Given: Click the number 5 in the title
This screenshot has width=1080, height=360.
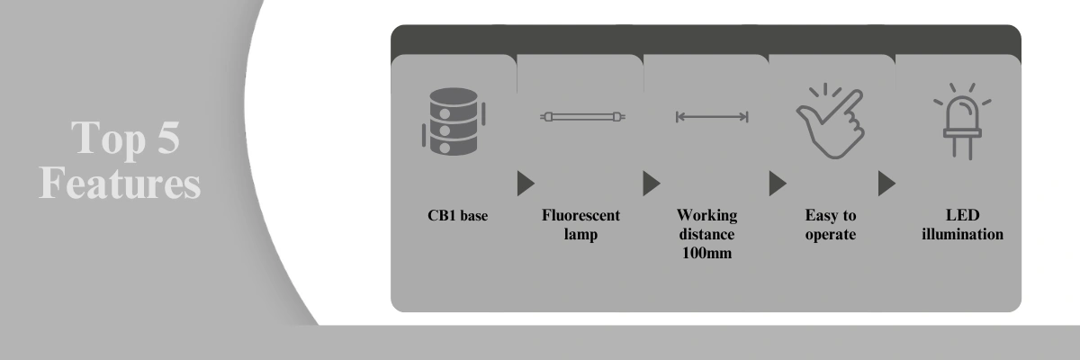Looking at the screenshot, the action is click(168, 138).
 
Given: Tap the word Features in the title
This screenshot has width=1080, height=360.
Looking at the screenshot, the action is click(120, 183).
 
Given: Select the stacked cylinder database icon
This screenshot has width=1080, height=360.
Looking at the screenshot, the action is click(454, 121).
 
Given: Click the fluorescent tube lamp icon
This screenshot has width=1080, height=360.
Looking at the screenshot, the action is click(583, 117).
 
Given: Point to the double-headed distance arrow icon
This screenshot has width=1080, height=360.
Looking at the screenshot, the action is click(712, 117).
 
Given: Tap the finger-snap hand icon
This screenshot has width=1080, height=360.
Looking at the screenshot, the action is click(830, 121).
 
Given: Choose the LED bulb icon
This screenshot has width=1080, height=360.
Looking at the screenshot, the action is click(962, 121).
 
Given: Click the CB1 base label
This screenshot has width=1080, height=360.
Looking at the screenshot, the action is click(457, 215).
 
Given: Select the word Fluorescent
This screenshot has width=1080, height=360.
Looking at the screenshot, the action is click(580, 215).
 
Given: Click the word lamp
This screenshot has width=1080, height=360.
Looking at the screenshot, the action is click(580, 235).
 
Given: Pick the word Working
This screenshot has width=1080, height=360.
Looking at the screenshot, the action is click(706, 215).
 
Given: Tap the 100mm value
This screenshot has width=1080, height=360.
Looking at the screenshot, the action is click(706, 253).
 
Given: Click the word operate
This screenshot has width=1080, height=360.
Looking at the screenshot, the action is click(830, 235).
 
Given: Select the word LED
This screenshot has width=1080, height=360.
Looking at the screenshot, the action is click(962, 215).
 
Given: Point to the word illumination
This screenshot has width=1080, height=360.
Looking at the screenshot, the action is click(962, 234).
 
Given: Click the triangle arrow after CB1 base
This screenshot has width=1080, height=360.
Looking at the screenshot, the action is click(526, 183).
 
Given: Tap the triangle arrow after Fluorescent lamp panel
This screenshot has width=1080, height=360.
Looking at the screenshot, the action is click(652, 183).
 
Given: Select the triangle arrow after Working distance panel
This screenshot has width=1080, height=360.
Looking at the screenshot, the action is click(778, 183).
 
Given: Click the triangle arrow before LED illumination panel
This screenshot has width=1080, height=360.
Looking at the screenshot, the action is click(886, 183).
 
